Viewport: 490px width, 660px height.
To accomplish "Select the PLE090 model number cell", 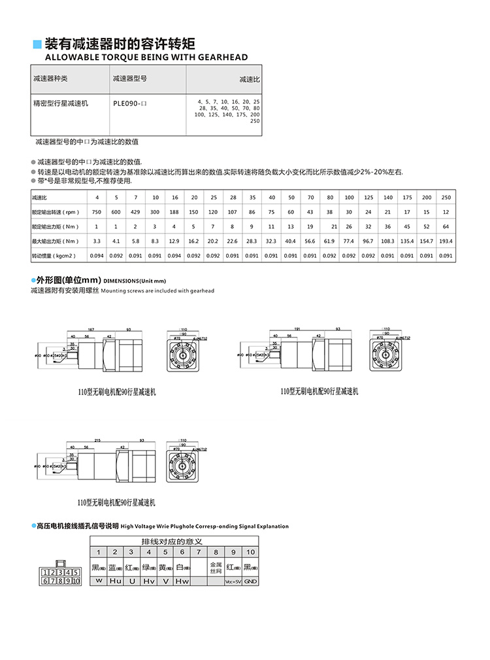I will pyautogui.click(x=127, y=103).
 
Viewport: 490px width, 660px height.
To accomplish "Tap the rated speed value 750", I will pyautogui.click(x=97, y=212).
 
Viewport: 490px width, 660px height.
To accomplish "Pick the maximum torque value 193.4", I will pyautogui.click(x=446, y=241).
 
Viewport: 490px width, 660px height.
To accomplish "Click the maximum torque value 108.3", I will pyautogui.click(x=388, y=241).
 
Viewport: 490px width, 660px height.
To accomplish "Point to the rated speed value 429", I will pyautogui.click(x=136, y=212).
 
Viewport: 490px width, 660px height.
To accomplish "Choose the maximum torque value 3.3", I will pyautogui.click(x=97, y=241).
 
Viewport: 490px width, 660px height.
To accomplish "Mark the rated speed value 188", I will pyautogui.click(x=174, y=212).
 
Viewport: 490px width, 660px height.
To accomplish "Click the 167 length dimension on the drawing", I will pyautogui.click(x=91, y=328).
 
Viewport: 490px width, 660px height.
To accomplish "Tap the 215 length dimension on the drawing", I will pyautogui.click(x=98, y=440).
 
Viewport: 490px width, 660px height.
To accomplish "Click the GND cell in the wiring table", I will pyautogui.click(x=251, y=581).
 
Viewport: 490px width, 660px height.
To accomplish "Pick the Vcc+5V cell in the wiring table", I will pyautogui.click(x=233, y=581).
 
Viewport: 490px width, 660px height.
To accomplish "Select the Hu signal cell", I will pyautogui.click(x=115, y=581).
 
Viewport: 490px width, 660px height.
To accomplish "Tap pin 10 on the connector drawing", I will pyautogui.click(x=76, y=581).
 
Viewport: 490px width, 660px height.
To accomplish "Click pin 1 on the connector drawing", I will pyautogui.click(x=44, y=573).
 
